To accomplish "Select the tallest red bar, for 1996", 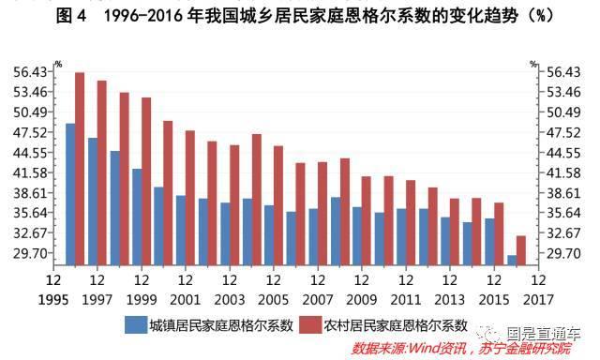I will (x=81, y=169).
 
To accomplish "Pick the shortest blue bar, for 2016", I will (x=511, y=261).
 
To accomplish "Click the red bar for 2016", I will (x=521, y=250).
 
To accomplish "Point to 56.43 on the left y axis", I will (x=31, y=72).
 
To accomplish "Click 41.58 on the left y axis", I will (x=31, y=173).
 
